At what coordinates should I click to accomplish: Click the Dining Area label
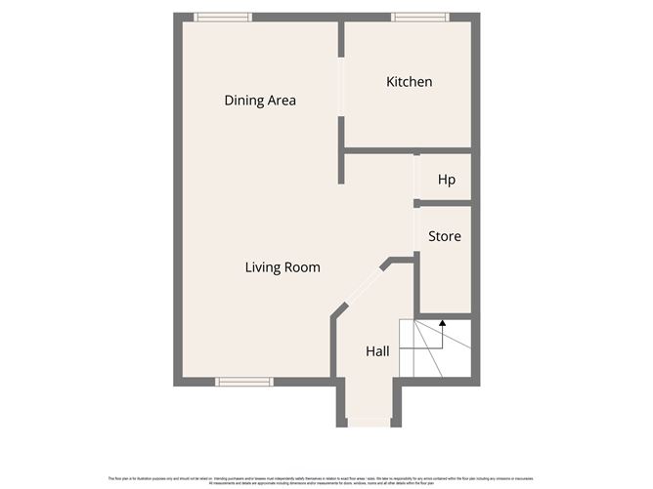point(260,101)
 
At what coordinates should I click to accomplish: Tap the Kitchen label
point(409,82)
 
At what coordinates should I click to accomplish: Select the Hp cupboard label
point(447,180)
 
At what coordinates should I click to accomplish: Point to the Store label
point(445,236)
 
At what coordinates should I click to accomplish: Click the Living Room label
point(283,267)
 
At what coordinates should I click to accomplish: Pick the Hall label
point(378,350)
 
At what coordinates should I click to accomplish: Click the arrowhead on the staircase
point(442,322)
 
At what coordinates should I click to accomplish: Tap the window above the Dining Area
point(222,17)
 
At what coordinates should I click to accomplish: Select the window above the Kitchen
point(420,17)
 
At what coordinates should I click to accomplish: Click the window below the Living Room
point(243,382)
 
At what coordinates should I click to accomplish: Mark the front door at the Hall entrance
point(368,423)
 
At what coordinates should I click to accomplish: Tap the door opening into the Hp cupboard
point(416,178)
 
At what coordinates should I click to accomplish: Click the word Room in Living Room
point(302,267)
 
